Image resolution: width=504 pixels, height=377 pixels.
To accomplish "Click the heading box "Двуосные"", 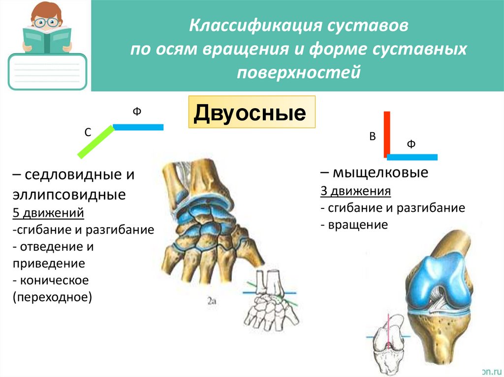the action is click(x=252, y=113).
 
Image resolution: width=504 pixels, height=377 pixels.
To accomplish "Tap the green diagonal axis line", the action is click(x=95, y=142).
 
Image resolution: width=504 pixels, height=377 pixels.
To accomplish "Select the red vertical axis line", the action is click(x=387, y=134).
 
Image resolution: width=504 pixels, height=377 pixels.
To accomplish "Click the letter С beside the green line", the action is click(x=87, y=132).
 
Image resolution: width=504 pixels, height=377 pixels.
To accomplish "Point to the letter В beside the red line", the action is click(x=373, y=137).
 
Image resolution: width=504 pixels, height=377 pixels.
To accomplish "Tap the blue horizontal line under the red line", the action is click(x=412, y=157).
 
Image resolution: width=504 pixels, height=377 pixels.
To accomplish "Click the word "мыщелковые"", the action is click(x=379, y=173).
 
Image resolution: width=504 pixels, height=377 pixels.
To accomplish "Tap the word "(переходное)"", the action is click(x=53, y=297).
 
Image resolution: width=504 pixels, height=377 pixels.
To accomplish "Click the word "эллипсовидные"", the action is click(x=68, y=195).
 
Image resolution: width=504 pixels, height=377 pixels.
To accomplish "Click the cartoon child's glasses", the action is click(x=47, y=22).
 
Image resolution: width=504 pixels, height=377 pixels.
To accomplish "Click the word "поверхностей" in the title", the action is click(x=299, y=72).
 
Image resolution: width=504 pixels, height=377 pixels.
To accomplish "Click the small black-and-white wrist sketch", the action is click(x=268, y=299).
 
